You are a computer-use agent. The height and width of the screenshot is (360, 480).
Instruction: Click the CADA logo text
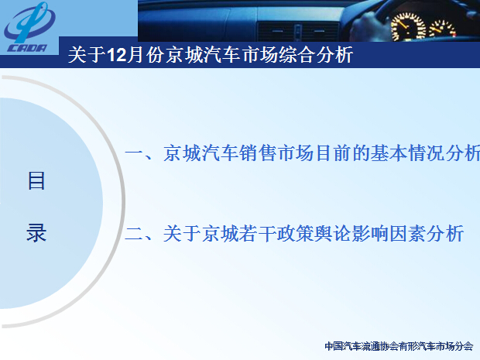click(x=27, y=48)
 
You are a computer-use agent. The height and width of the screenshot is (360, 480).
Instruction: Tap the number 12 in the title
click(x=116, y=56)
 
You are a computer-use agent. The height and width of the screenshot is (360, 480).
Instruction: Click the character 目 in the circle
click(x=36, y=180)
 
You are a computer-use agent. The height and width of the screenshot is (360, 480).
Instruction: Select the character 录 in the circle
click(x=36, y=233)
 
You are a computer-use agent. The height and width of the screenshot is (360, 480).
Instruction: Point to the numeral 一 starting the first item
click(x=134, y=153)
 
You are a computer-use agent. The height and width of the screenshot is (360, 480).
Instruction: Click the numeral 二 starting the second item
click(x=134, y=234)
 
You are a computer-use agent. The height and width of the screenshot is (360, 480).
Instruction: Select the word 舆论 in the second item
click(x=334, y=234)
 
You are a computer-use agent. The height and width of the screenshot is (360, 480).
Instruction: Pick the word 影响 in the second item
click(x=371, y=234)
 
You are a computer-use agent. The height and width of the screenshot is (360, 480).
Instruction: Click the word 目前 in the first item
click(x=333, y=153)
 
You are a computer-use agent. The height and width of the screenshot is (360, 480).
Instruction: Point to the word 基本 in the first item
click(x=389, y=153)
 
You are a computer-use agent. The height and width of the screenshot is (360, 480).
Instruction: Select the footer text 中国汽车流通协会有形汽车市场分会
click(x=399, y=346)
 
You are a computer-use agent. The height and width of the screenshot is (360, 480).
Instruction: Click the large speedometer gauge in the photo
click(x=408, y=27)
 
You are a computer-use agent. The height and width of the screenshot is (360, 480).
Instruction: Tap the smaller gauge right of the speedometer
click(x=442, y=29)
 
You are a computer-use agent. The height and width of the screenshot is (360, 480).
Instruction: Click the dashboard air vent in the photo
click(x=298, y=32)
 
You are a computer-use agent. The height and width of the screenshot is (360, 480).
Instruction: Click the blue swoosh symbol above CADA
click(x=30, y=22)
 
